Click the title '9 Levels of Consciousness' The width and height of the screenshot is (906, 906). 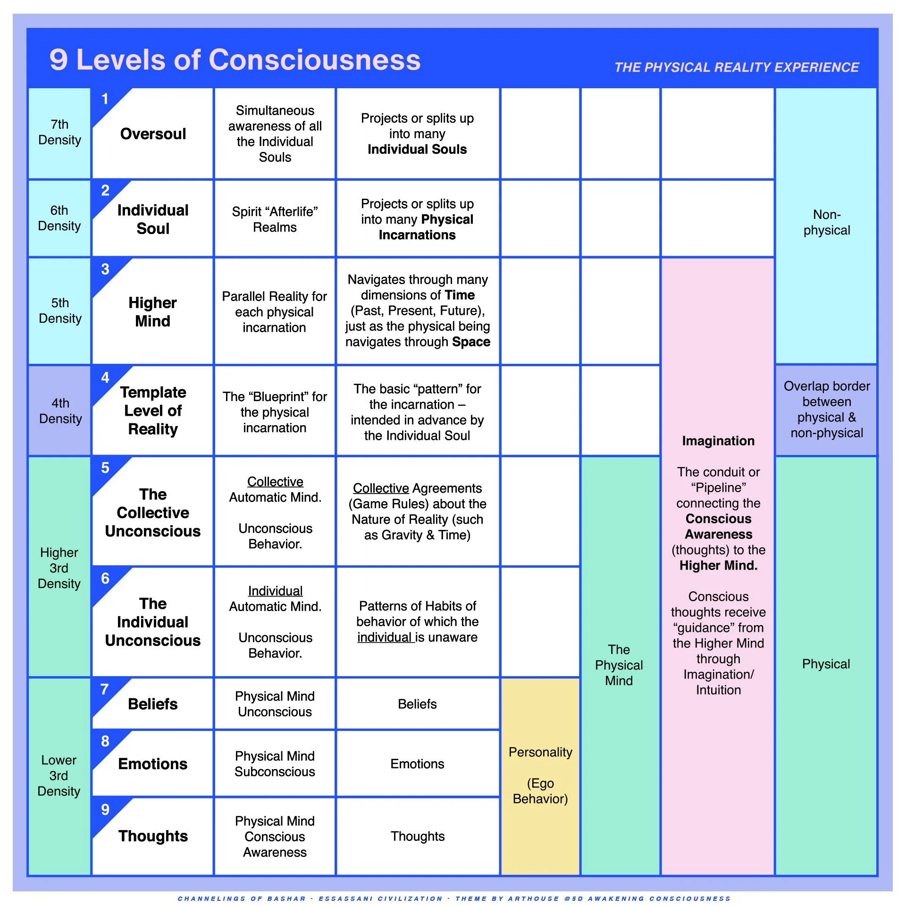coord(235,60)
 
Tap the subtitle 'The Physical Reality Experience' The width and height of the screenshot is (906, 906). coord(736,67)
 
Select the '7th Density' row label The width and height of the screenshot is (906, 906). coord(59,132)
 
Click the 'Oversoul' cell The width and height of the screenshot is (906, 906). coord(153,134)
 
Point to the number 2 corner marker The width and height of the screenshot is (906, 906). coord(105,191)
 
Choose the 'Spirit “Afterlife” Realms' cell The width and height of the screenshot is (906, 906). coord(275,219)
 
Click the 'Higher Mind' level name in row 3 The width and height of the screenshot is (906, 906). coord(152,311)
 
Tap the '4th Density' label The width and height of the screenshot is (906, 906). coord(60,411)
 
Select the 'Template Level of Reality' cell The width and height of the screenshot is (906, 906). coord(153,411)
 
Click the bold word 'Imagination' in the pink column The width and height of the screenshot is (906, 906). coord(718,441)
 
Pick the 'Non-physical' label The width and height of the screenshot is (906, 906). coord(826,222)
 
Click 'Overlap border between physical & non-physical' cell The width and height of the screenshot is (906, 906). coord(826,410)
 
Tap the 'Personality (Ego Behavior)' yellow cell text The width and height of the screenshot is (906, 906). coord(540,775)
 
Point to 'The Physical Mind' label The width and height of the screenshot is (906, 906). coord(619,665)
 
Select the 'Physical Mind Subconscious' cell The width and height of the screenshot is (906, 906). coord(275,763)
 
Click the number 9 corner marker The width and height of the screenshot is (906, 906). coord(105,810)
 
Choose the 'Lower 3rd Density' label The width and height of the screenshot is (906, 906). coord(59,775)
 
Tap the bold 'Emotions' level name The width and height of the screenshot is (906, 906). coord(152,764)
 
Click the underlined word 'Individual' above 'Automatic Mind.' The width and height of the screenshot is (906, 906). coord(275,591)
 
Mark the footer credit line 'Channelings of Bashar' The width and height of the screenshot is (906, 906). coord(242,898)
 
